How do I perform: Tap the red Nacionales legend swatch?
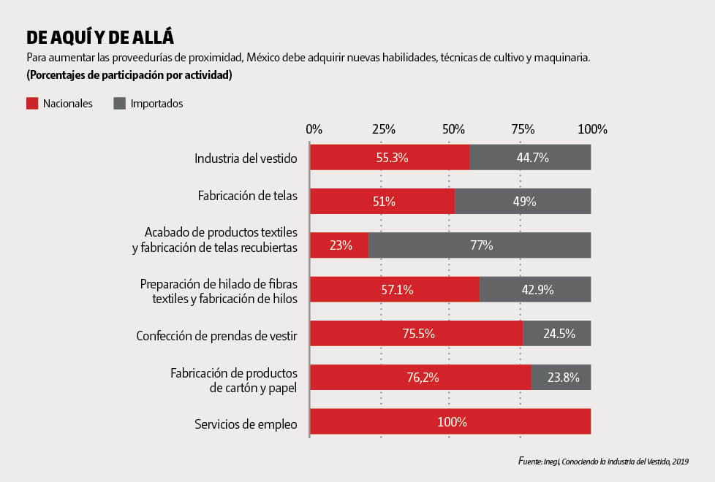[32, 104]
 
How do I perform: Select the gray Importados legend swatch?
[120, 104]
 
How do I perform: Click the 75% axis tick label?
[522, 129]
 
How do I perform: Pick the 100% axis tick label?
[591, 129]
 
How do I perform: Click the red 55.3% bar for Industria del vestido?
[390, 158]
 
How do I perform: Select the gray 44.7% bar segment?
[530, 158]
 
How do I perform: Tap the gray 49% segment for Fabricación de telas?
[523, 202]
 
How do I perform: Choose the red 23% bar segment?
[339, 245]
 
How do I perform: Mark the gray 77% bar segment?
[480, 245]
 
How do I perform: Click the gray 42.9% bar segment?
[535, 290]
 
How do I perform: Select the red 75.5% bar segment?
[416, 334]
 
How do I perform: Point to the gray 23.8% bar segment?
[561, 378]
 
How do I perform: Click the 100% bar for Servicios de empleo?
[450, 422]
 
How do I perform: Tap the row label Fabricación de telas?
[247, 196]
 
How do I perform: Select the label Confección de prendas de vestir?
[216, 336]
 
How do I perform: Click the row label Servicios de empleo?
[246, 424]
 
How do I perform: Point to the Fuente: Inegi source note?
[602, 462]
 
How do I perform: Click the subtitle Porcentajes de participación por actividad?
[129, 75]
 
